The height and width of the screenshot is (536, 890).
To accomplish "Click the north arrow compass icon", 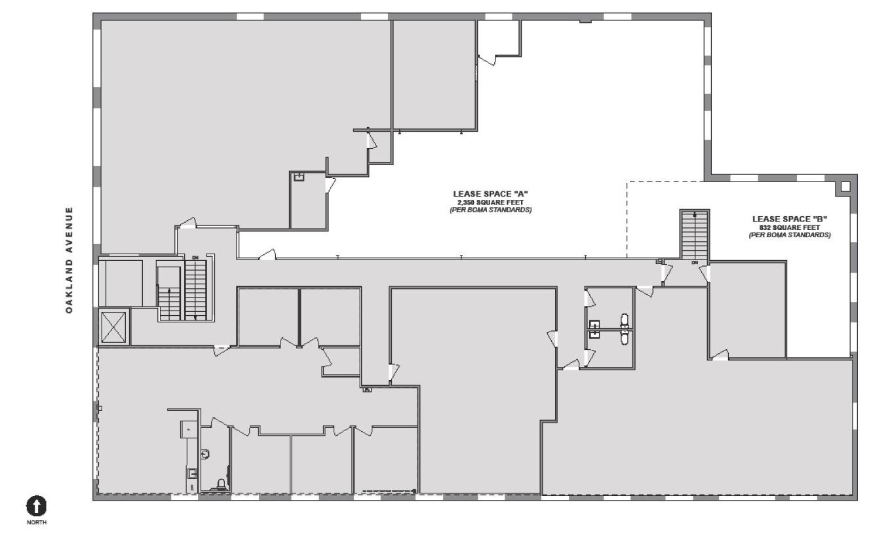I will point(37,505).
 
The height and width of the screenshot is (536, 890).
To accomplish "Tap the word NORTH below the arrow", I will point(37,522).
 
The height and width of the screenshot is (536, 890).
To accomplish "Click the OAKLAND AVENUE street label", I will point(69,260).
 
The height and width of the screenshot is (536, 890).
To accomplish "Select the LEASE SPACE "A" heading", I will point(490,194).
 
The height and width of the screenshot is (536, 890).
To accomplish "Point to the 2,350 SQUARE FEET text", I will point(490,202).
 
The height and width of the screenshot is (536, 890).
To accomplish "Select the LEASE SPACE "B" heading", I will point(789,219).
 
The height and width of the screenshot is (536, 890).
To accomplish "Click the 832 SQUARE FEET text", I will point(789,227).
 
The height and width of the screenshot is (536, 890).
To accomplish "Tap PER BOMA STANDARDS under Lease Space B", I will point(789,235).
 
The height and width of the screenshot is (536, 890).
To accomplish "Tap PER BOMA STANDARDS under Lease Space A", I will point(490,210).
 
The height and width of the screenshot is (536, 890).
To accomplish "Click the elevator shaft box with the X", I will point(113,326).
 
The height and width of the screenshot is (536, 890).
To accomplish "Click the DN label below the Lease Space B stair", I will point(695,263).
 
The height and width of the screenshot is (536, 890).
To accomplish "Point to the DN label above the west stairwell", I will point(195,258).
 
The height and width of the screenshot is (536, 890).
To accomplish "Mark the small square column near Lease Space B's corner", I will point(845,187).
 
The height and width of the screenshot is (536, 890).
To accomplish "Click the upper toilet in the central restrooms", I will point(624,321).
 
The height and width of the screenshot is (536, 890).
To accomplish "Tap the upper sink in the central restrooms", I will point(594,323).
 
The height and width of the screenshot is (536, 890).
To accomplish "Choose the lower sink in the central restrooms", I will point(594,333).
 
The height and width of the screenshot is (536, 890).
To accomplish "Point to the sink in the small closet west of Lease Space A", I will point(299,177).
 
